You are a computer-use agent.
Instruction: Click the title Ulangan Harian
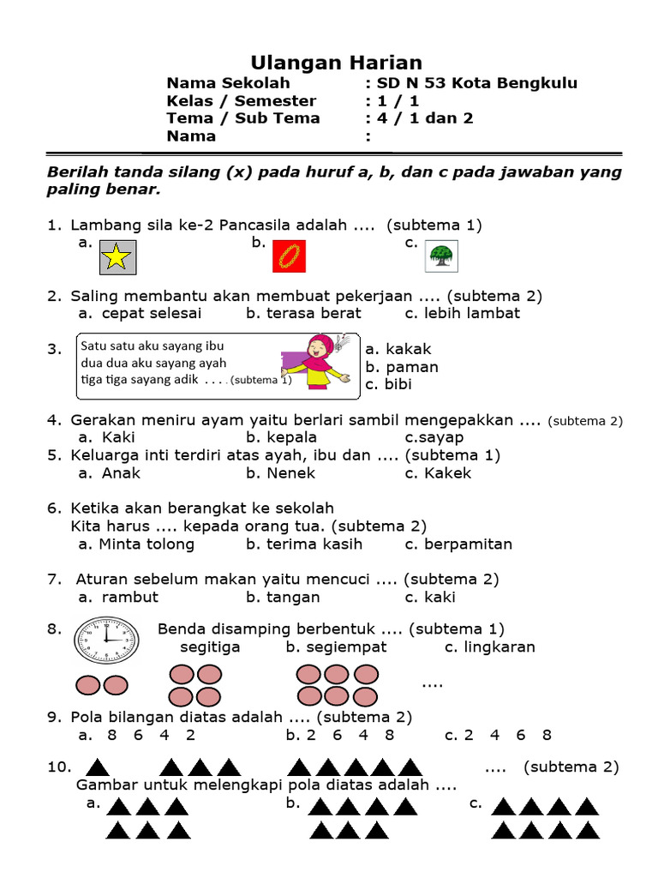[x=336, y=63]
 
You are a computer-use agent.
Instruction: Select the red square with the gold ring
[x=289, y=256]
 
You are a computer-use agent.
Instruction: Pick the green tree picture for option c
[x=440, y=255]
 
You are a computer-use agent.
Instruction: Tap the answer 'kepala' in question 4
[x=291, y=437]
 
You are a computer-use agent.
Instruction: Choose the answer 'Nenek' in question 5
[x=290, y=472]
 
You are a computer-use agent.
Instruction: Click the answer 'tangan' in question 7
[x=292, y=597]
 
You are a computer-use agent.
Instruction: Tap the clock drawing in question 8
[x=106, y=640]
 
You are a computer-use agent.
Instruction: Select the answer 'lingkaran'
[x=499, y=646]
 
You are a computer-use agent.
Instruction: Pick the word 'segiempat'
[x=346, y=646]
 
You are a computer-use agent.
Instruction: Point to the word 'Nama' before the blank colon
[x=191, y=135]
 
